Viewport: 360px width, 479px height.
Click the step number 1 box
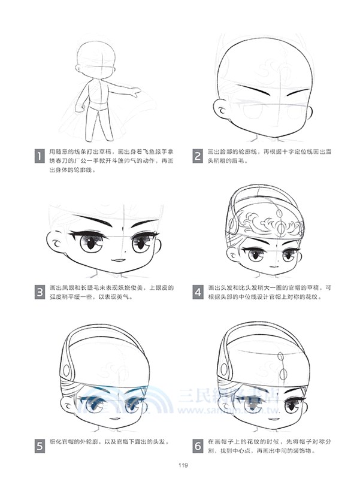[x=39, y=157]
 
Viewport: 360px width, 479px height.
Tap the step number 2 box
[x=198, y=157]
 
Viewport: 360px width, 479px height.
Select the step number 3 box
[x=39, y=293]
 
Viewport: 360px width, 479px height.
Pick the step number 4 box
[x=198, y=293]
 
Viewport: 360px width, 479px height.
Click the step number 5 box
[x=39, y=445]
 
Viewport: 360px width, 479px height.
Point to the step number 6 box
[x=198, y=445]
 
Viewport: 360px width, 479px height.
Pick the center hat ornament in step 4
[x=277, y=225]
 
